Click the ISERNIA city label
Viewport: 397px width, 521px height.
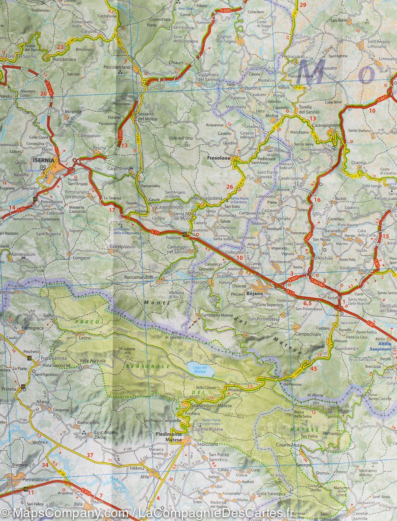point(43,160)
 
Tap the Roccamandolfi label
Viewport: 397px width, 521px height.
point(139,277)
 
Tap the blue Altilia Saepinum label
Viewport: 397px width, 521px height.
point(380,346)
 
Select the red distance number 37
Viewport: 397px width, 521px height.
point(90,455)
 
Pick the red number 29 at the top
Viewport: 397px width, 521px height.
point(303,5)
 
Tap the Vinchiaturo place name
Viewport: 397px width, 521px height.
point(351,268)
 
